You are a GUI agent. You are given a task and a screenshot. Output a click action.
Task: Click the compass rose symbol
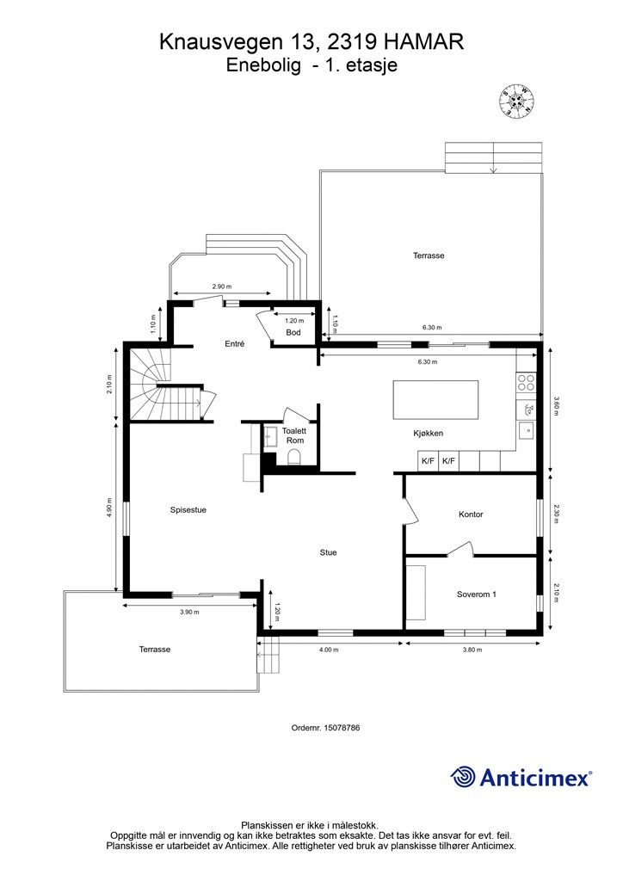[516, 102]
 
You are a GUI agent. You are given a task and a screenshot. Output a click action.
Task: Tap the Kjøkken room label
[428, 434]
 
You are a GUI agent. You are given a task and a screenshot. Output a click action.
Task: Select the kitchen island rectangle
[435, 399]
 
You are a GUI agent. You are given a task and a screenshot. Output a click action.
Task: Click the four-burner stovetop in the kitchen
[526, 382]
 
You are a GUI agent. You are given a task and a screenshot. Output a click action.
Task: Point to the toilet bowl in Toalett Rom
[293, 459]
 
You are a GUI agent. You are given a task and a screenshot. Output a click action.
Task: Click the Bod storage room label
[293, 332]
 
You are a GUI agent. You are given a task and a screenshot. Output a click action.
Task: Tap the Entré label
[234, 343]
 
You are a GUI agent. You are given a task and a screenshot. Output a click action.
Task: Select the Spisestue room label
[188, 509]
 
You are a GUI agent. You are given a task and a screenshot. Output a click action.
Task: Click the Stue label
[328, 552]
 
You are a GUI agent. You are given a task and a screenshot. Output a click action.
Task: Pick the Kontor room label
[471, 514]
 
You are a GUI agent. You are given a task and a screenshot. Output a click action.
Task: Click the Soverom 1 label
[477, 594]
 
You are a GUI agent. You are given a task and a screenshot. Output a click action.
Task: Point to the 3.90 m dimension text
[189, 612]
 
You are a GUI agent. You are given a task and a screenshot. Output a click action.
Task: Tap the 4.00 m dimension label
[329, 650]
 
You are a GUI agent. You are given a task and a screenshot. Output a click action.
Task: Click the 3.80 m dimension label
[472, 650]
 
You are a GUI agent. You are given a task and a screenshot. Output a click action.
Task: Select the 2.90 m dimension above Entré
[222, 286]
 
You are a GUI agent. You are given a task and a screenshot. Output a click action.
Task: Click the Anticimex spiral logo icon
[463, 777]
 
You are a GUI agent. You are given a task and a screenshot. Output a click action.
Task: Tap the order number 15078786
[342, 727]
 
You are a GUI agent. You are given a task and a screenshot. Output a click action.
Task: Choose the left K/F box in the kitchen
[428, 461]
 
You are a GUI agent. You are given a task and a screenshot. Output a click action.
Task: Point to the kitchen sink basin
[527, 430]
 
